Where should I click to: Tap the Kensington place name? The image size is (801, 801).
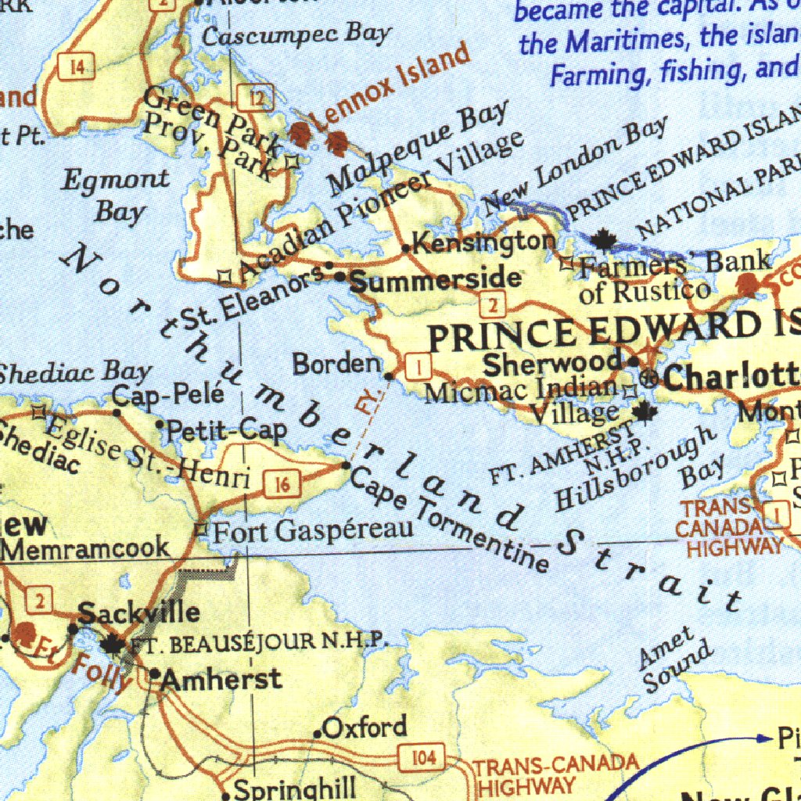[484, 242]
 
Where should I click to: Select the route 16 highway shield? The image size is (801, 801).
[282, 485]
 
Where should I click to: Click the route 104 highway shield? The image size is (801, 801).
[422, 756]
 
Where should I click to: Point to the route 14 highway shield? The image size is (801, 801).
[76, 67]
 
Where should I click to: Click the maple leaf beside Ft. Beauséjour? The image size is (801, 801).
[113, 644]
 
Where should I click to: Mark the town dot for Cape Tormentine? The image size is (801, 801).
[347, 465]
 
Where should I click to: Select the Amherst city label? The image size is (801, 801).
[221, 678]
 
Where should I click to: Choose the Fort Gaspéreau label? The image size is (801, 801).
[313, 532]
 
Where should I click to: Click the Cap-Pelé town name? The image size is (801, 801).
[168, 394]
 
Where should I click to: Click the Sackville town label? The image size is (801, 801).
[138, 612]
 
